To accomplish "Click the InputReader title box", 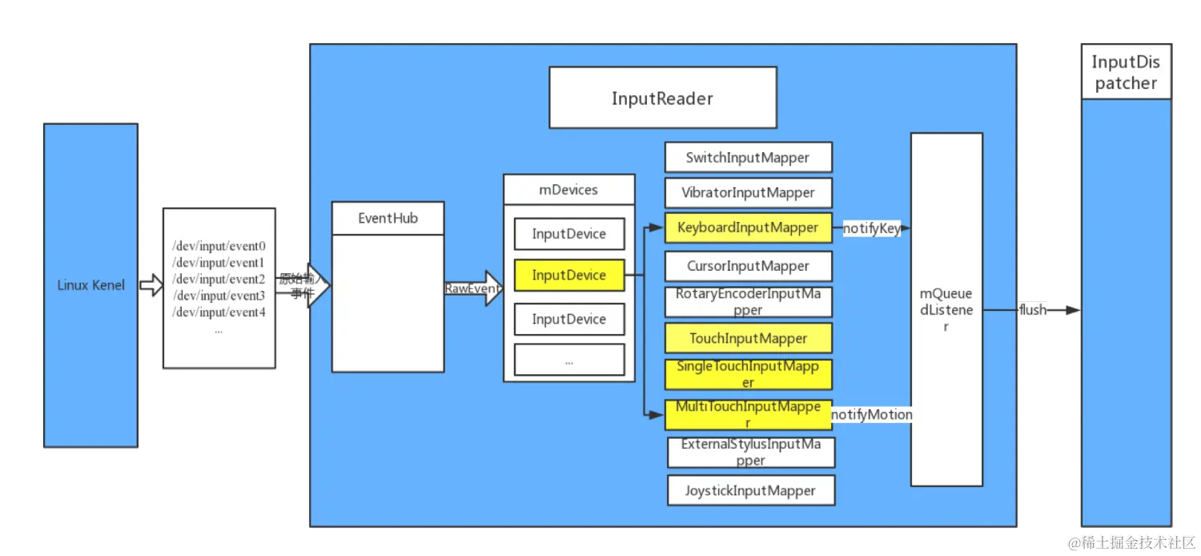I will coord(662,98).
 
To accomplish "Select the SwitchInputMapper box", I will coord(748,158).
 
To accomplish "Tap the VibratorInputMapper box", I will coord(748,192).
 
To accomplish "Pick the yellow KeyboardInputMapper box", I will coord(748,228).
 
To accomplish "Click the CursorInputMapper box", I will coord(748,266).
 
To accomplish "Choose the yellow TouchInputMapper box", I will coord(748,338).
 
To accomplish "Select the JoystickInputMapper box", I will coord(750,490).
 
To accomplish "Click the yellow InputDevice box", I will coord(568,275).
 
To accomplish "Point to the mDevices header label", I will coord(568,190).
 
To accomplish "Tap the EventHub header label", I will coord(388,218).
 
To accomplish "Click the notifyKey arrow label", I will coord(871,229).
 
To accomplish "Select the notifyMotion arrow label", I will coord(871,414).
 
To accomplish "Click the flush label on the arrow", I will coord(1032,310).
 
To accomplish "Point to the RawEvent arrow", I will coord(473,288).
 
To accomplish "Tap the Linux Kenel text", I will coord(90,285).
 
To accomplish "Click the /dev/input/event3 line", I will coord(219,296).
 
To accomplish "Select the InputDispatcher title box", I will coord(1126,73).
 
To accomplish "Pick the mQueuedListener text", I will coord(946,310).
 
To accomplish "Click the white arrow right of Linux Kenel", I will coord(151,285).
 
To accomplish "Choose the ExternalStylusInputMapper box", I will coord(750,452).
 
